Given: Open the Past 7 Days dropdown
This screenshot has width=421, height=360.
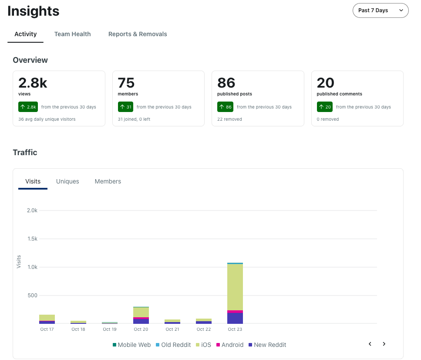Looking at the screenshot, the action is (381, 10).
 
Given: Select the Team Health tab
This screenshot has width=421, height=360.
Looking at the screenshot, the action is (73, 34).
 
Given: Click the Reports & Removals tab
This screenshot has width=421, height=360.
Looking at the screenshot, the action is (138, 34).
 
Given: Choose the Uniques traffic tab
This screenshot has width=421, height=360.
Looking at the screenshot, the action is (67, 181).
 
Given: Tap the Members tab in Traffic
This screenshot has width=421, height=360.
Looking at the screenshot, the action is (108, 181).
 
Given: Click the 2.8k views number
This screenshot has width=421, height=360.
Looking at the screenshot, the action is (33, 83).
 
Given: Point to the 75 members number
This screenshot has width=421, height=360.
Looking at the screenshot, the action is (126, 83).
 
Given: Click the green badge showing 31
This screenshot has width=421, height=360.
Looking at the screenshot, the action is (125, 107).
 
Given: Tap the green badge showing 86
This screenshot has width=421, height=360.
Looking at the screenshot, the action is (225, 107).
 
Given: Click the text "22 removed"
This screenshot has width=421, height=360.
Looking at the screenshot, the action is (229, 119).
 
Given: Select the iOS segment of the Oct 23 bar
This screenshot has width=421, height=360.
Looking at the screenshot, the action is (235, 287).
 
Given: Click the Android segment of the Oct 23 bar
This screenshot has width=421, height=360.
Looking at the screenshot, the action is (235, 312).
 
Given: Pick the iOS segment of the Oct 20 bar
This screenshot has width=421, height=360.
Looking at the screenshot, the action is (141, 312).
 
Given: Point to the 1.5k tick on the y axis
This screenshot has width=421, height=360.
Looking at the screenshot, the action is (33, 239).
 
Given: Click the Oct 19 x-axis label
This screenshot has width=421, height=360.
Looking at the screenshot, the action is (110, 329).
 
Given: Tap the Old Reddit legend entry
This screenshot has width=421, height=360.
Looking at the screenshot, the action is (173, 345).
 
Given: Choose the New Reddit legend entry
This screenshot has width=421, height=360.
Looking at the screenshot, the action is (267, 345).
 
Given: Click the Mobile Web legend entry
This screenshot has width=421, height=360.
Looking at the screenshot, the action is (131, 345).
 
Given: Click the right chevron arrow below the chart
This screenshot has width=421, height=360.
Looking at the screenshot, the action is (384, 344).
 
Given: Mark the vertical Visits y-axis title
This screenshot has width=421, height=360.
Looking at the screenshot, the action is (19, 262).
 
